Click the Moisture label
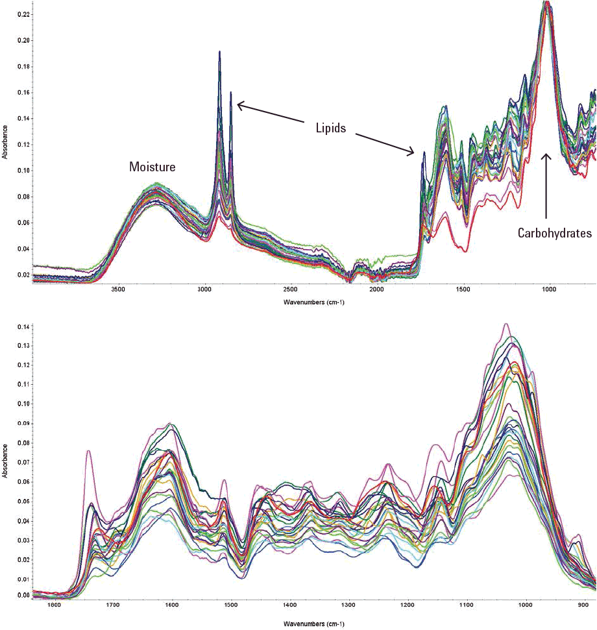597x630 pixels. (152, 167)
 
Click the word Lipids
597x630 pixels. (327, 128)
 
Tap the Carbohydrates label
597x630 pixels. (554, 234)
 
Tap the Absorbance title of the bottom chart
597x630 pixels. (5, 461)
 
